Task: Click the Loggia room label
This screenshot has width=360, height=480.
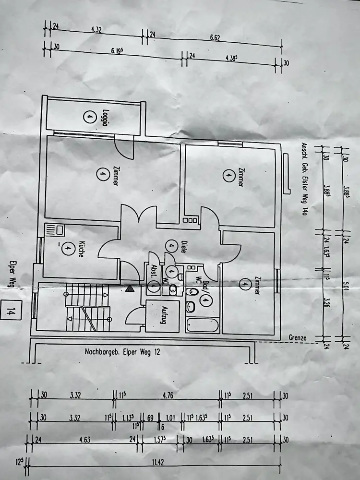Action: [104, 117]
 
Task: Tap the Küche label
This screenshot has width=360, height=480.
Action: [82, 249]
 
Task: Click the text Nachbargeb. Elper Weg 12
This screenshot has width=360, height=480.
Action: [122, 351]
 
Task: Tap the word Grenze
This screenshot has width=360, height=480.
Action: [298, 337]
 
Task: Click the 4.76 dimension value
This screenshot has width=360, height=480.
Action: [168, 396]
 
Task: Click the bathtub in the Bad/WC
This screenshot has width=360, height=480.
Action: [202, 325]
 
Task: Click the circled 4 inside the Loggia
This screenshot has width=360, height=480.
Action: [87, 117]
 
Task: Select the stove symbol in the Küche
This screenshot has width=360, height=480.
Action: [54, 230]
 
